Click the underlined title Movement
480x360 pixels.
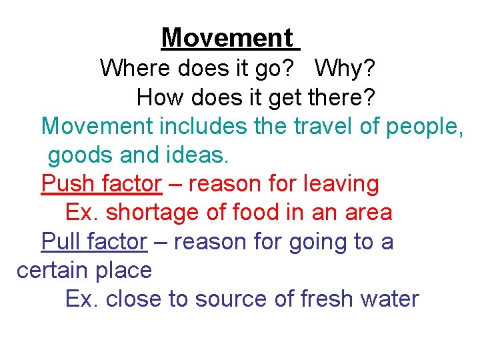227,37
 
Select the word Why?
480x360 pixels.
345,68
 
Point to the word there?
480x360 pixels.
343,98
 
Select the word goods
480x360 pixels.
73,156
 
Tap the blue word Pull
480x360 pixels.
61,241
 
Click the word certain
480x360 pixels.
53,270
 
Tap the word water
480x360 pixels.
391,299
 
